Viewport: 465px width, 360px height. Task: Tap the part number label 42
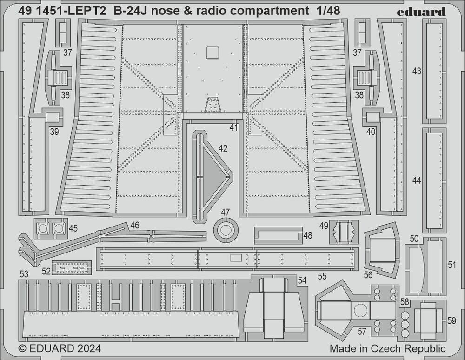pyautogui.click(x=223, y=148)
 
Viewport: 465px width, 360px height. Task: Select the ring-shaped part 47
pyautogui.click(x=226, y=230)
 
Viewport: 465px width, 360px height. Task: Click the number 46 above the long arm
pyautogui.click(x=135, y=226)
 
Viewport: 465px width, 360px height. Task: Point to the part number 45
pyautogui.click(x=73, y=228)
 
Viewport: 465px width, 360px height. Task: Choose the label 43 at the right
pyautogui.click(x=417, y=71)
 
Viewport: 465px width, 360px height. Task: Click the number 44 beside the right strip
pyautogui.click(x=417, y=180)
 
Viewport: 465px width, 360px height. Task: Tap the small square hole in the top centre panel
pyautogui.click(x=213, y=53)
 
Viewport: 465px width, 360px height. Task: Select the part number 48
pyautogui.click(x=307, y=236)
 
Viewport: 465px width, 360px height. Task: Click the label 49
pyautogui.click(x=324, y=226)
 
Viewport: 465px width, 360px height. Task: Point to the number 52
pyautogui.click(x=46, y=271)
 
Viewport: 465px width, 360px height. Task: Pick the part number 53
pyautogui.click(x=24, y=273)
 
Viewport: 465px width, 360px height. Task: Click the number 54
pyautogui.click(x=302, y=280)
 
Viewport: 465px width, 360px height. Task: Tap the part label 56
pyautogui.click(x=368, y=275)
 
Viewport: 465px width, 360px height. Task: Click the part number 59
pyautogui.click(x=452, y=321)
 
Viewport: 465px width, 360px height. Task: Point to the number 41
pyautogui.click(x=233, y=127)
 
